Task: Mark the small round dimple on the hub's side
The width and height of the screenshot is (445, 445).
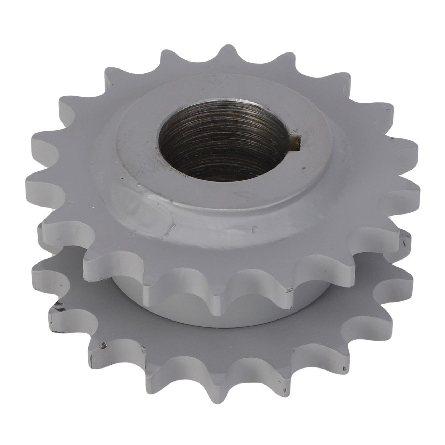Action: (256, 230)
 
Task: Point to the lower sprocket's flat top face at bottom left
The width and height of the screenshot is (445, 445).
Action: (115, 334)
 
